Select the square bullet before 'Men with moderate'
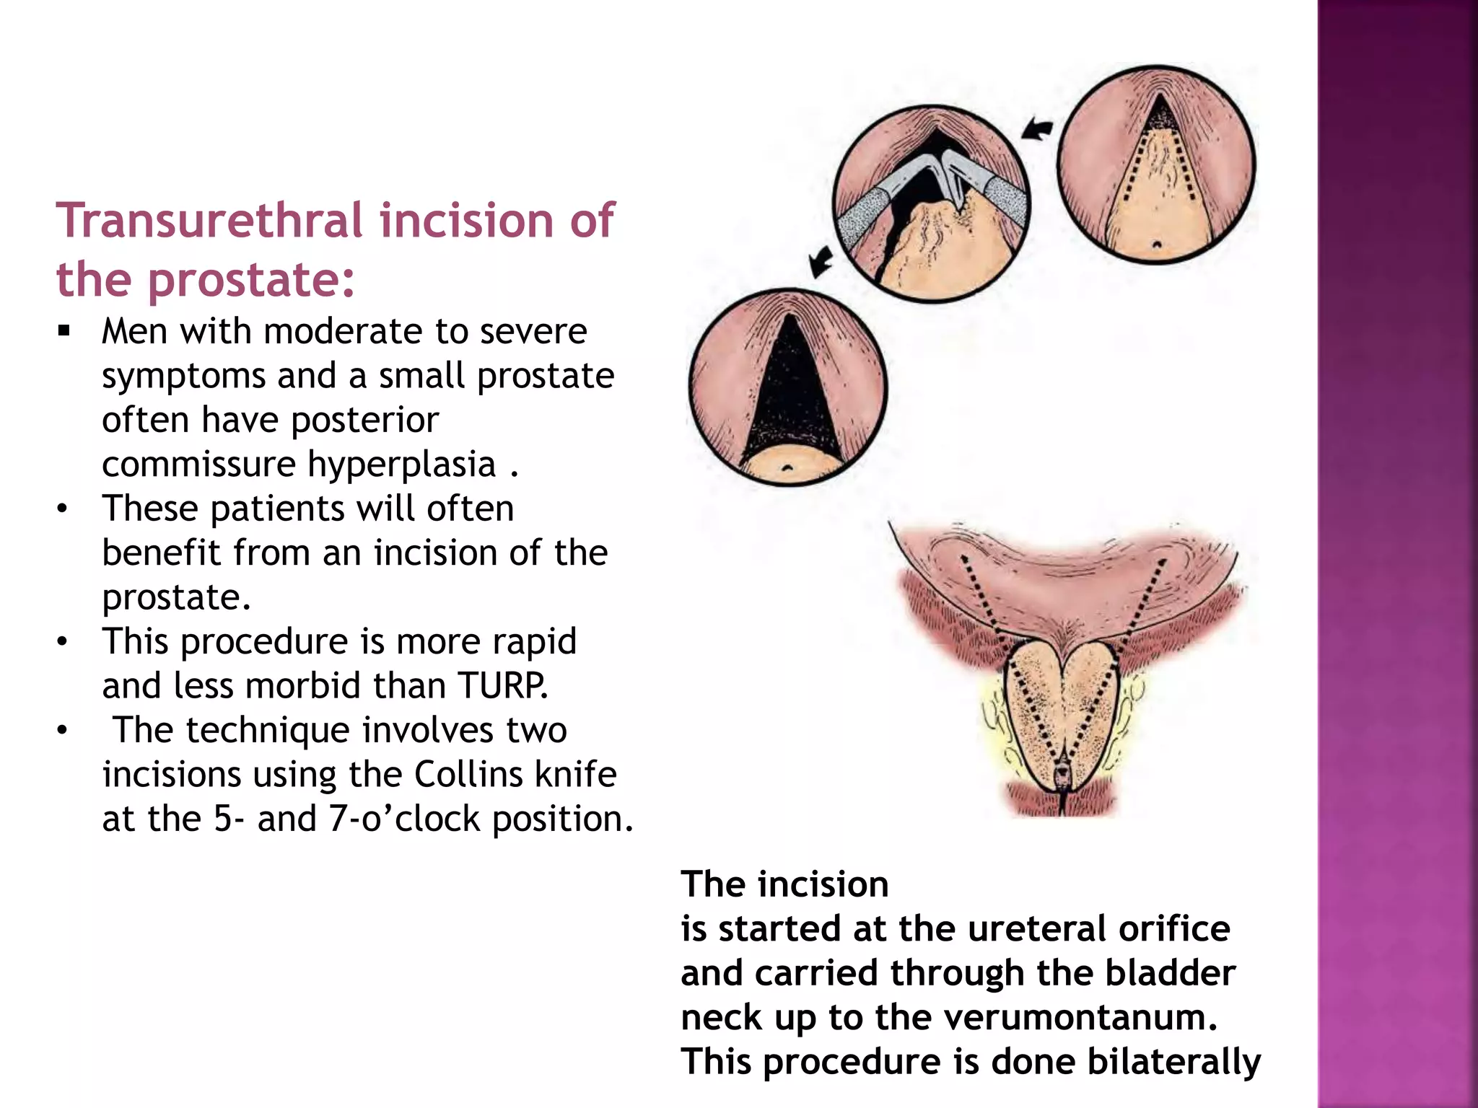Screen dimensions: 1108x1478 [x=64, y=332]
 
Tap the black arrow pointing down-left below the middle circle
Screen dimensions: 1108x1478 [x=821, y=261]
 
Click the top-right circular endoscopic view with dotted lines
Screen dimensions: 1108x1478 [x=1156, y=165]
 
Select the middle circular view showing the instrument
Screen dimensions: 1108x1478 [x=932, y=204]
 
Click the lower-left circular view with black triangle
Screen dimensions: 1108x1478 [x=788, y=387]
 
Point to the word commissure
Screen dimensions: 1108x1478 [x=199, y=464]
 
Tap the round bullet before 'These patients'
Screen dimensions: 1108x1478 [x=64, y=509]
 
